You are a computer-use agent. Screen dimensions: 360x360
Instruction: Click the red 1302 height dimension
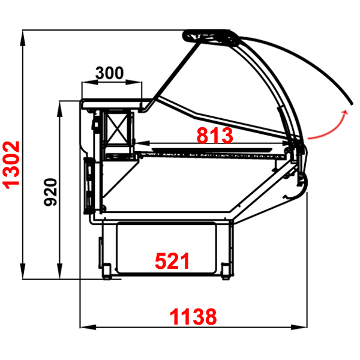[11, 165]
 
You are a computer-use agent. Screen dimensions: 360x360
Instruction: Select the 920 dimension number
[50, 192]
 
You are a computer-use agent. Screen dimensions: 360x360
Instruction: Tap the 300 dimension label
[110, 73]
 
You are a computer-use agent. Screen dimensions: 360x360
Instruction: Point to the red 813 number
[215, 136]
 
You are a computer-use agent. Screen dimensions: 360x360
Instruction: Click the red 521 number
[172, 261]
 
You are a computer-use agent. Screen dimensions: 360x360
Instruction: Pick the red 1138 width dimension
[193, 317]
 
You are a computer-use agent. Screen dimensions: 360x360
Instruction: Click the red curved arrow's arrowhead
[345, 112]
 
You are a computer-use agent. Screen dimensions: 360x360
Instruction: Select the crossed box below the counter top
[117, 128]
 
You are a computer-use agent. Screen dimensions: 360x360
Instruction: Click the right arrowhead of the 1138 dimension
[299, 327]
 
